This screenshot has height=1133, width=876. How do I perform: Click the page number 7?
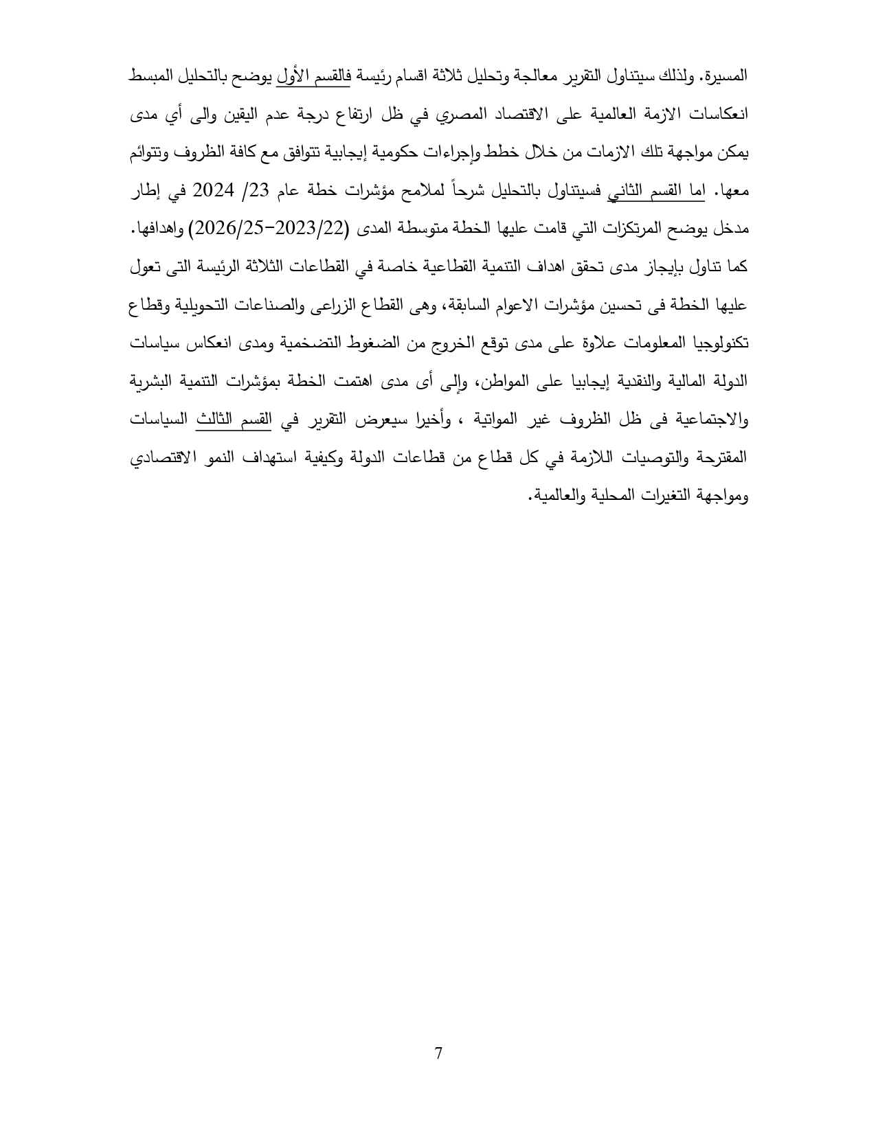438,1053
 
